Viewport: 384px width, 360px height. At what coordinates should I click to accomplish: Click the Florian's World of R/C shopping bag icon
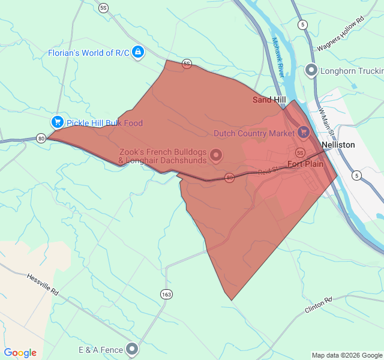pos(139,52)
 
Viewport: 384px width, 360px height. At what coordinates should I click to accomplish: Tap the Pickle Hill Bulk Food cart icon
pos(58,122)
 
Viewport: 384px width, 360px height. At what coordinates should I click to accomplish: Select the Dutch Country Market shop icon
pos(304,132)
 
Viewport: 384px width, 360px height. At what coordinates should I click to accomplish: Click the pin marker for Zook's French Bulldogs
pos(216,155)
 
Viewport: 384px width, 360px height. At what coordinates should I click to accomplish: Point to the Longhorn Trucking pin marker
pos(311,71)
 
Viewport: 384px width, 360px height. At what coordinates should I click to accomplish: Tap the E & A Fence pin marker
pos(132,349)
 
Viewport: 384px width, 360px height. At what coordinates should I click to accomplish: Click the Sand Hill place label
pos(269,100)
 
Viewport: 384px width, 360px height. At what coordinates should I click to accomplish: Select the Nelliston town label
pos(338,145)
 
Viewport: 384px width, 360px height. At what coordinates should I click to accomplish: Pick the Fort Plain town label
pos(305,164)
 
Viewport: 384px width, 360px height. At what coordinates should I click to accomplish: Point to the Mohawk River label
pos(277,57)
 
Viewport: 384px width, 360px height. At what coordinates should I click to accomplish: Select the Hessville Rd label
pos(43,284)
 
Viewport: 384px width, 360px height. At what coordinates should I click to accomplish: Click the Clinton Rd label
pos(318,304)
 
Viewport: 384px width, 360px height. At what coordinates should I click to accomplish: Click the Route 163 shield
pos(166,294)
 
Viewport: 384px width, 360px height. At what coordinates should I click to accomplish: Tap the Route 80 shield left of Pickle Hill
pos(41,138)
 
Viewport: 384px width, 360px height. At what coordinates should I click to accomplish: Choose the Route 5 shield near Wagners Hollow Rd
pos(303,25)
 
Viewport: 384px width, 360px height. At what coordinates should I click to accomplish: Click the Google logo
pos(20,353)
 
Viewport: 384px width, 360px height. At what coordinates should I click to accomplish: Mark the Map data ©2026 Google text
pos(346,355)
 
